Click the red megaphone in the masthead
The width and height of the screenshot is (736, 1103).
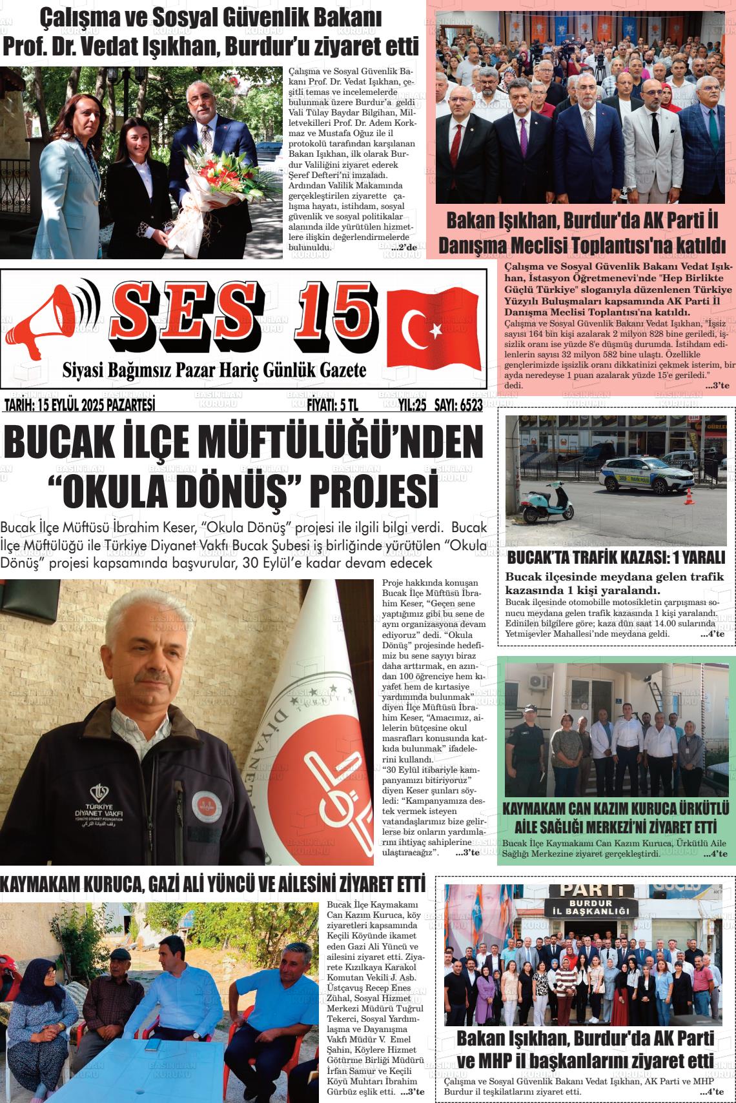pos(55,319)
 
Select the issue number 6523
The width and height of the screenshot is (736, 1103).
pos(467,405)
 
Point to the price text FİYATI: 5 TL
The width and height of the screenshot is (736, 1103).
pos(332,405)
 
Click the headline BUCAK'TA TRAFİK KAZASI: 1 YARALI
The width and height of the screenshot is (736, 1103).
pos(616,557)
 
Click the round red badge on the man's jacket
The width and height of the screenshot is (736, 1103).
pos(207,806)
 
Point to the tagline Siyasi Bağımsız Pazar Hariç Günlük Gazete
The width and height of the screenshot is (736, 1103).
pos(214,371)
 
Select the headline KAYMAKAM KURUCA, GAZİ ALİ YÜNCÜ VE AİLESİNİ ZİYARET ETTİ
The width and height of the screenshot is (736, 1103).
pos(212,884)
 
